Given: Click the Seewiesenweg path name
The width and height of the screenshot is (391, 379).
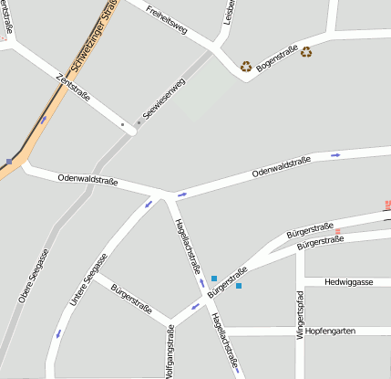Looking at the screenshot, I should click(x=165, y=100).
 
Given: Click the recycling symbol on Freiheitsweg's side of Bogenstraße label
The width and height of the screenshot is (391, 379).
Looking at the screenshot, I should click(x=246, y=66).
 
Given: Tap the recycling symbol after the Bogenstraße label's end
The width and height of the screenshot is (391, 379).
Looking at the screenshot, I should click(x=306, y=52).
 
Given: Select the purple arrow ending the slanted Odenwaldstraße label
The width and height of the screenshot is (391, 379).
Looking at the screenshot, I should click(x=335, y=155).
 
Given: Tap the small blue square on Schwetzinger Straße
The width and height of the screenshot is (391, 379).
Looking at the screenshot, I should click(x=9, y=162).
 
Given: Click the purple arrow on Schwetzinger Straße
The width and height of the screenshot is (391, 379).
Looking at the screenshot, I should click(x=43, y=119).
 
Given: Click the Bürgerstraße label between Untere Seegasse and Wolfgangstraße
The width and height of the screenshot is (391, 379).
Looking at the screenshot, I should click(x=130, y=300).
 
